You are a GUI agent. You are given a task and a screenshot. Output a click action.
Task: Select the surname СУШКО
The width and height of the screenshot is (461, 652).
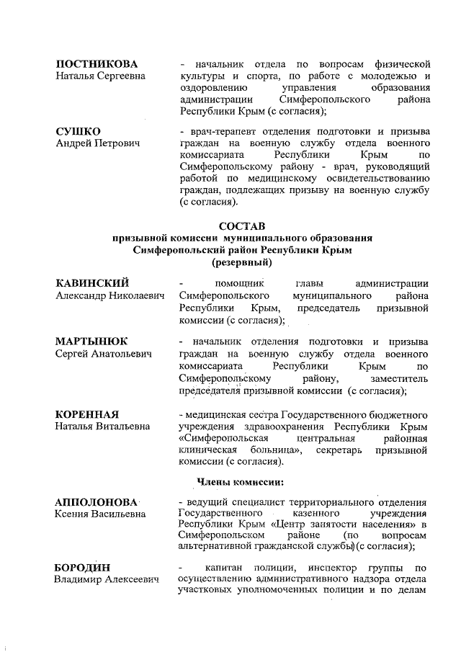click(x=79, y=130)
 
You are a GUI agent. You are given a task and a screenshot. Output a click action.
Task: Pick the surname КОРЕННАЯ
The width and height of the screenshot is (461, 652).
click(x=87, y=414)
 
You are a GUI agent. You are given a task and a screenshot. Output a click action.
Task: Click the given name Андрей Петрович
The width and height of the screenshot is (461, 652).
click(x=98, y=143)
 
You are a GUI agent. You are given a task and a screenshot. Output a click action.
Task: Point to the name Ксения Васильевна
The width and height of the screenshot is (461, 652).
click(x=100, y=514)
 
